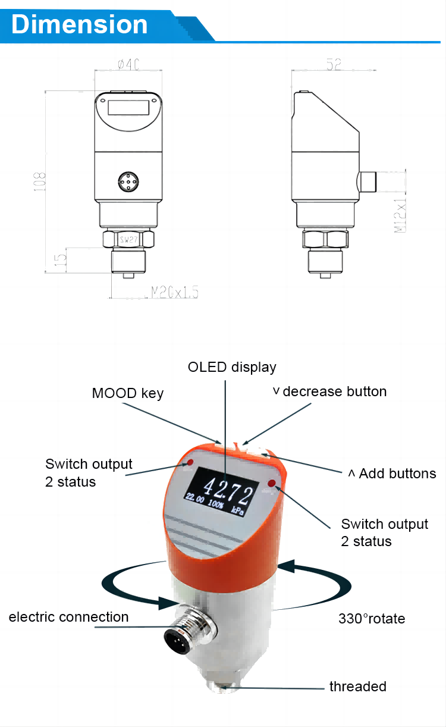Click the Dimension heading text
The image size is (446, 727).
click(79, 24)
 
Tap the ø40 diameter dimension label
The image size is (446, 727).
click(128, 64)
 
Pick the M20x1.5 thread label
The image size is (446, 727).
click(174, 292)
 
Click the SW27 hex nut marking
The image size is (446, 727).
click(128, 240)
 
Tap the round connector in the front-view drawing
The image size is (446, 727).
click(128, 182)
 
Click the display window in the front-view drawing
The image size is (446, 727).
click(128, 108)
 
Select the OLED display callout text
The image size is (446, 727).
click(232, 367)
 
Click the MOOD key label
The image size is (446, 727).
click(127, 393)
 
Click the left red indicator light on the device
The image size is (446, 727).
click(190, 462)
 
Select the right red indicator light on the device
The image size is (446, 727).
click(272, 483)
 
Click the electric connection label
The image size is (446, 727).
click(68, 617)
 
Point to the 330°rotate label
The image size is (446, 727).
click(372, 619)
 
